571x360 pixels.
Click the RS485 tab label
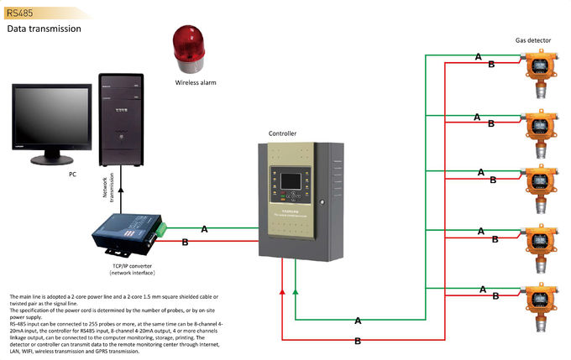[x=18, y=12]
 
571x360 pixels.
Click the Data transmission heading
[x=45, y=29]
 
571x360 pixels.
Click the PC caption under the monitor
[x=72, y=175]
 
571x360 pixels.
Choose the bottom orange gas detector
[x=538, y=301]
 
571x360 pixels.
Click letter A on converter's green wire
[x=205, y=227]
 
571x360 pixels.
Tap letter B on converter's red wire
[x=185, y=243]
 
